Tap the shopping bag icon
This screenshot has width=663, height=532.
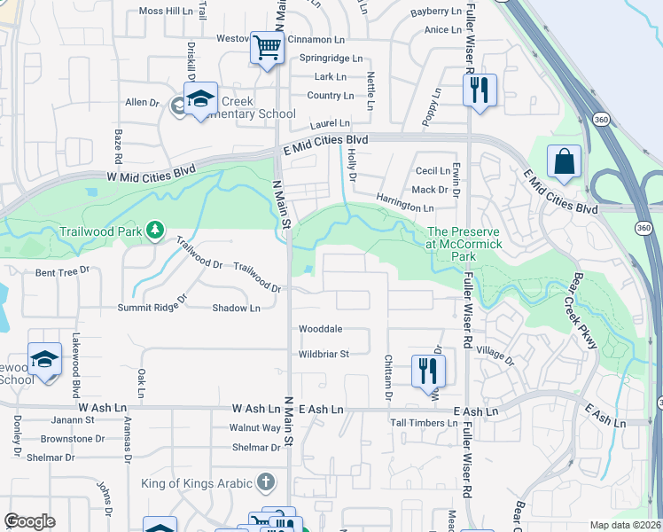pos(564,162)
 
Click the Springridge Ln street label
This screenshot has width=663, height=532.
pos(331,59)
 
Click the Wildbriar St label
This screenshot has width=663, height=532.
pos(324,353)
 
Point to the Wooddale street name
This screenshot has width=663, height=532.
pos(320,329)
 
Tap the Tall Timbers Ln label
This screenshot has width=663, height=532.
pos(425,423)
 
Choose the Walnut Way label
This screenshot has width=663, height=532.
pos(255,427)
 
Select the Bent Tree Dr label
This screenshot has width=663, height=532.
pos(63,271)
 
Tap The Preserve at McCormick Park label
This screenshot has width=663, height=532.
pos(464,244)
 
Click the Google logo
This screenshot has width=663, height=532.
pos(29,521)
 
